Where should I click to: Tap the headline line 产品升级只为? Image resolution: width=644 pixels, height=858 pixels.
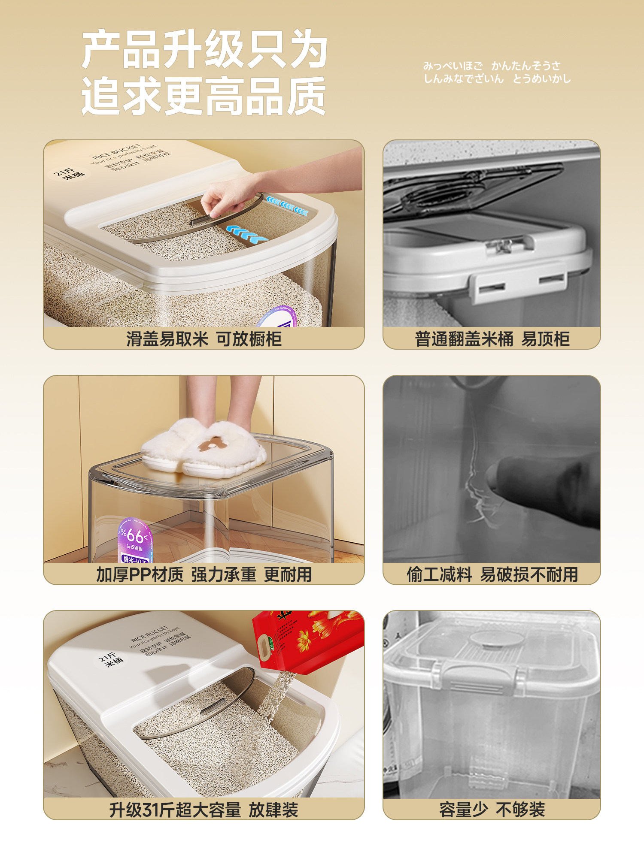click(204, 49)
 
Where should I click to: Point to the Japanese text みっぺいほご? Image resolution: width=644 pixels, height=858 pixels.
click(453, 66)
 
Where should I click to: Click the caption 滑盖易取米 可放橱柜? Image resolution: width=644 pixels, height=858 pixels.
click(204, 339)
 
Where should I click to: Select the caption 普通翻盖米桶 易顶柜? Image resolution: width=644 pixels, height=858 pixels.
click(492, 339)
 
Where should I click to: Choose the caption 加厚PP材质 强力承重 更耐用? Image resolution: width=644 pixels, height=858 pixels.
click(204, 574)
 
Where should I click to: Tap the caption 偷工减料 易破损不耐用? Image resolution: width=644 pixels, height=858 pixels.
click(492, 574)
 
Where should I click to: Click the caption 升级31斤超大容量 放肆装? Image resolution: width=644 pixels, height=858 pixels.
click(204, 810)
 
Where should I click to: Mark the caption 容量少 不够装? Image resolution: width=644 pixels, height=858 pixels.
click(492, 810)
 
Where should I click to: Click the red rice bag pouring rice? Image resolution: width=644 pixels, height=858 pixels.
click(307, 639)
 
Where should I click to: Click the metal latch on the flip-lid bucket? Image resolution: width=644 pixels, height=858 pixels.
click(502, 247)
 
